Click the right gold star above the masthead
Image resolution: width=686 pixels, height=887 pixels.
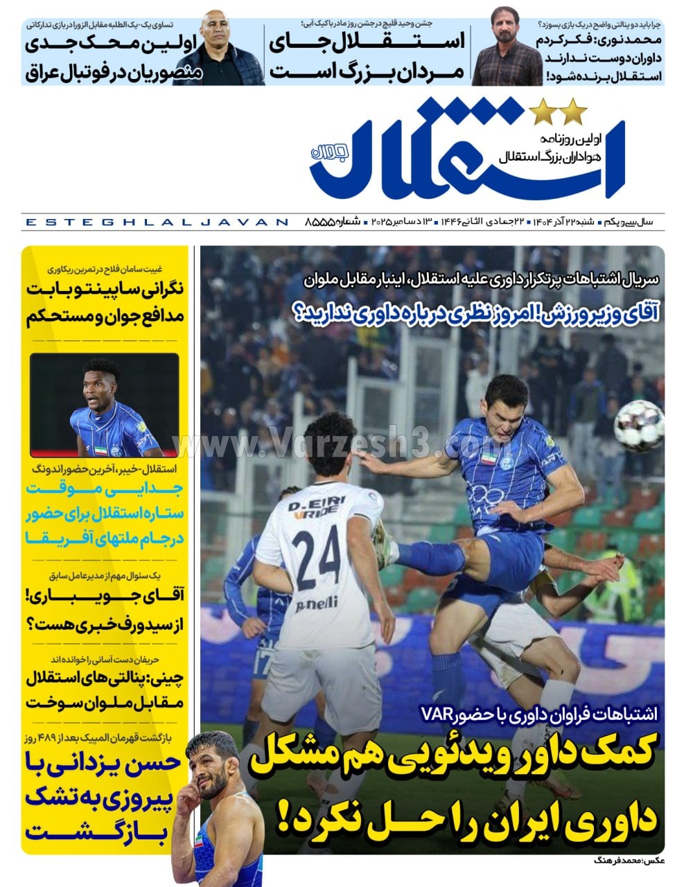pyautogui.click(x=574, y=110)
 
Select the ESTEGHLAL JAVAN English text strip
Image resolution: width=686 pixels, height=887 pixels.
pyautogui.click(x=156, y=222)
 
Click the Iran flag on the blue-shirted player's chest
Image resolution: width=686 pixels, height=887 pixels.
pyautogui.click(x=489, y=458)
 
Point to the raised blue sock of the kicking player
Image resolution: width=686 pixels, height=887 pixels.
pyautogui.click(x=430, y=556)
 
